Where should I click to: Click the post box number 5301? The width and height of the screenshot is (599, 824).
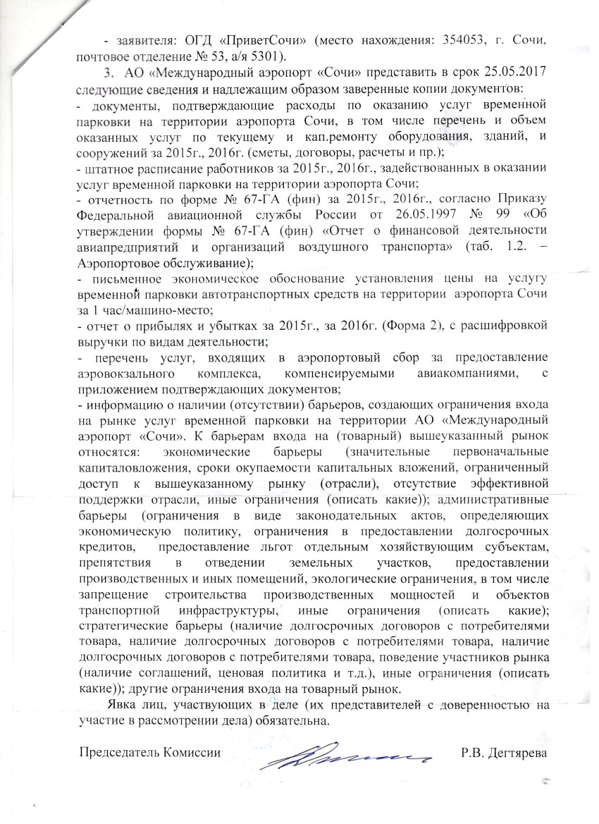tap(271, 57)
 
